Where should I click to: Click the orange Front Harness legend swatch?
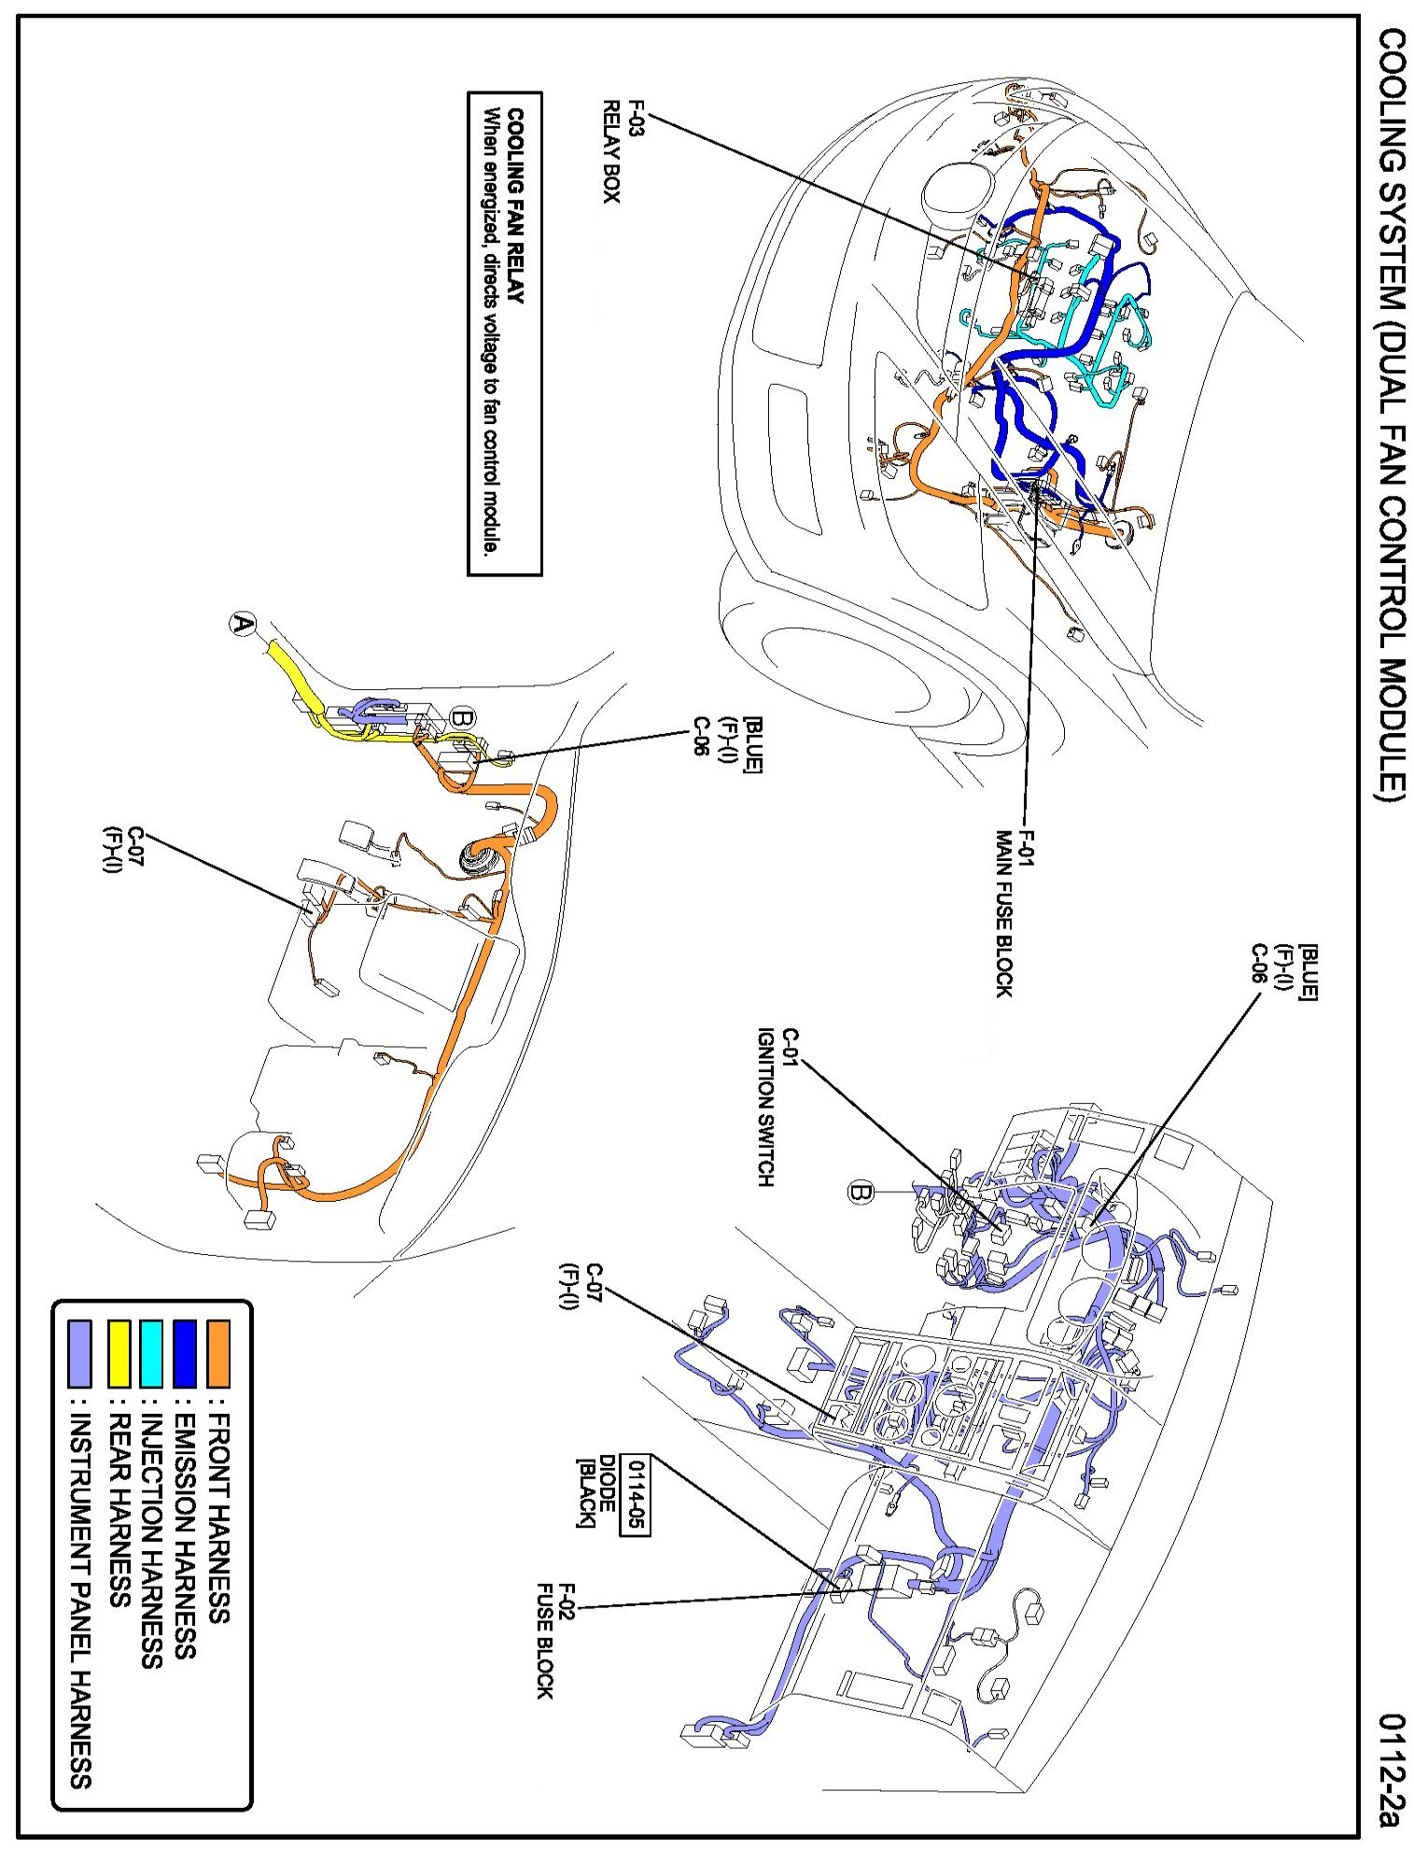click(218, 1352)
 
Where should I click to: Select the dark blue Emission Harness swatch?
click(185, 1352)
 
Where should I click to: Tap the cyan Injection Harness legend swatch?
click(151, 1352)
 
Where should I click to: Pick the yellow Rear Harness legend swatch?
click(119, 1352)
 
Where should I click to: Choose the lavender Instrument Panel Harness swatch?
click(80, 1352)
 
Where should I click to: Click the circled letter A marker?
click(243, 624)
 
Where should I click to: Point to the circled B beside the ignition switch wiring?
click(860, 1193)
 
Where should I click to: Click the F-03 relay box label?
click(623, 151)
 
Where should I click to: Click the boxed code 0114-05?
click(637, 1495)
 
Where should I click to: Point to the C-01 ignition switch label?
click(777, 1107)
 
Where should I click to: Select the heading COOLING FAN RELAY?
click(515, 206)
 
